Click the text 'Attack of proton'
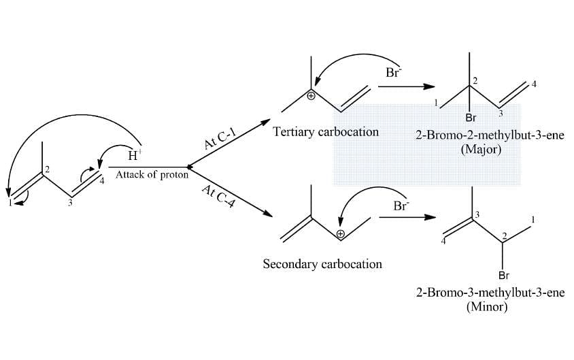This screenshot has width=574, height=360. pyautogui.click(x=152, y=174)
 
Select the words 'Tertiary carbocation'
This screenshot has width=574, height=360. pyautogui.click(x=326, y=132)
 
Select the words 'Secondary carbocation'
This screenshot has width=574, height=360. pyautogui.click(x=322, y=264)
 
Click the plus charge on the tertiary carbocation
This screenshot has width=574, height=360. pyautogui.click(x=311, y=97)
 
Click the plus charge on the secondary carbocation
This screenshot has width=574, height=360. pyautogui.click(x=341, y=233)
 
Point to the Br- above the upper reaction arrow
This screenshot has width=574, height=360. pyautogui.click(x=393, y=72)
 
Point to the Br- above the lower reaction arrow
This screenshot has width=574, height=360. pyautogui.click(x=401, y=206)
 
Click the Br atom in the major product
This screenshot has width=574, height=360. pyautogui.click(x=471, y=118)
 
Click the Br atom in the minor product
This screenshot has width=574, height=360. pyautogui.click(x=504, y=275)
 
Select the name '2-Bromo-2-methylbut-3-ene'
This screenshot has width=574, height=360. pyautogui.click(x=490, y=135)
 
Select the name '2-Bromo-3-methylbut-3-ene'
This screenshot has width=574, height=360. pyautogui.click(x=490, y=293)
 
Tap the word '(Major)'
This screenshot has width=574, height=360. pyautogui.click(x=481, y=149)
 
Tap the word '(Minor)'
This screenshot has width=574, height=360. pyautogui.click(x=487, y=306)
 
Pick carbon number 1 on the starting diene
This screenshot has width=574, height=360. pyautogui.click(x=11, y=203)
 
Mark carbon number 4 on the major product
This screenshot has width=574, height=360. pyautogui.click(x=534, y=84)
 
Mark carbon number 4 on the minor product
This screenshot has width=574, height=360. pyautogui.click(x=443, y=241)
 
